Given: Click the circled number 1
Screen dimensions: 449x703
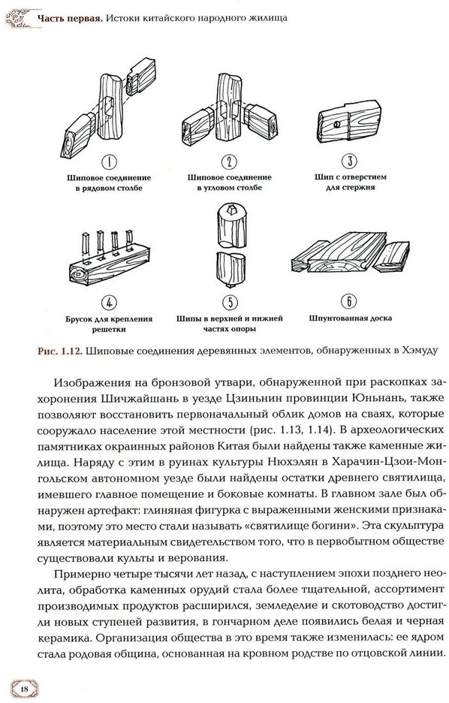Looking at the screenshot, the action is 110,162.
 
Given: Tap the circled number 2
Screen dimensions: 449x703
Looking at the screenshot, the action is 229,161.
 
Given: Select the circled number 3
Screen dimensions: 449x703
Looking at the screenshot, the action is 350,161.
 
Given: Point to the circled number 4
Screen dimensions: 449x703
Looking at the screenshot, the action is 109,303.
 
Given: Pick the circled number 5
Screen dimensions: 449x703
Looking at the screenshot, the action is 230,303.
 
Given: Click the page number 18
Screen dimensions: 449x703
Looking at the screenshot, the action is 24,689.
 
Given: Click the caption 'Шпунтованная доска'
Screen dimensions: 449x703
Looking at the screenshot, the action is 351,318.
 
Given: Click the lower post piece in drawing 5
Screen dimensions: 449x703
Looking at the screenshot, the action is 231,269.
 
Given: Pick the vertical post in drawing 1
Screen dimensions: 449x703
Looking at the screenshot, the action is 110,107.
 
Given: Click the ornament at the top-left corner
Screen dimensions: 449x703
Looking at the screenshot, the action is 18,18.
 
